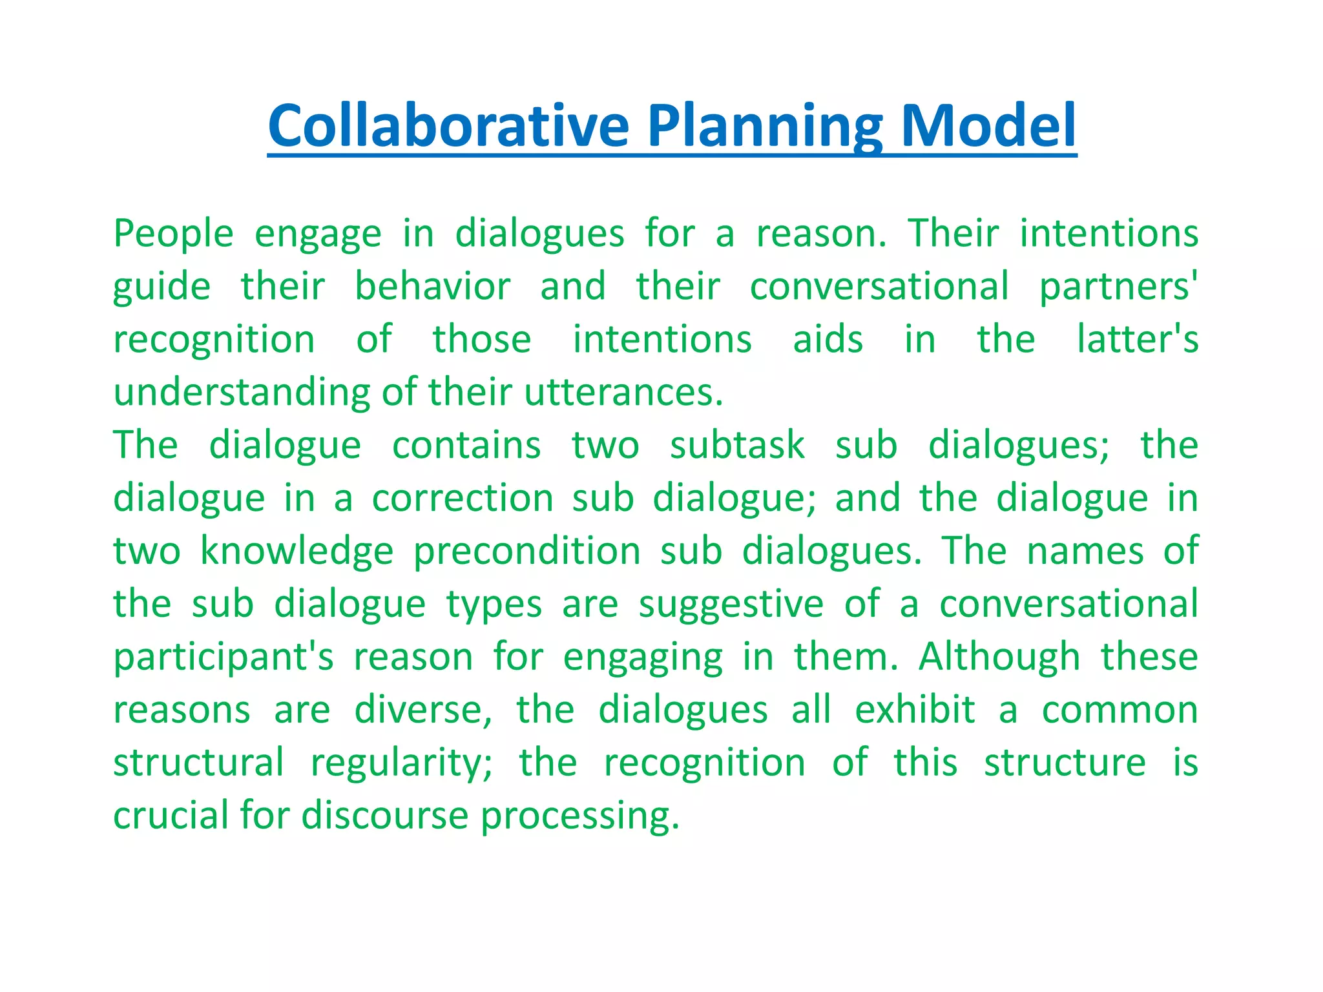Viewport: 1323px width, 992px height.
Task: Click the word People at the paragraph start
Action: [173, 234]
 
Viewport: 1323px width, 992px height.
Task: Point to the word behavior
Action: [433, 286]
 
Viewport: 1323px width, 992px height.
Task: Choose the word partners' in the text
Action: [1118, 287]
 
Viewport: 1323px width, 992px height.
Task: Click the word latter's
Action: [1137, 339]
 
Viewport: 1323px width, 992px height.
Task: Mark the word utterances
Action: [623, 392]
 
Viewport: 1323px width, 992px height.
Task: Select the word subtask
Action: [737, 445]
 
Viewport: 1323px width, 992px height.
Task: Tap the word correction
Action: [463, 498]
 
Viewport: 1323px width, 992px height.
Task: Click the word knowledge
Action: [297, 552]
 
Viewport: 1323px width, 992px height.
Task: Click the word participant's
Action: [224, 658]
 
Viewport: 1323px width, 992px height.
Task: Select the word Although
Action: [999, 657]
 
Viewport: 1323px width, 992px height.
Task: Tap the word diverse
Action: [422, 710]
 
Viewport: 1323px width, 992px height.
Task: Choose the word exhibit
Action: [914, 710]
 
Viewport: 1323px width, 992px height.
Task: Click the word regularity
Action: [401, 764]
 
